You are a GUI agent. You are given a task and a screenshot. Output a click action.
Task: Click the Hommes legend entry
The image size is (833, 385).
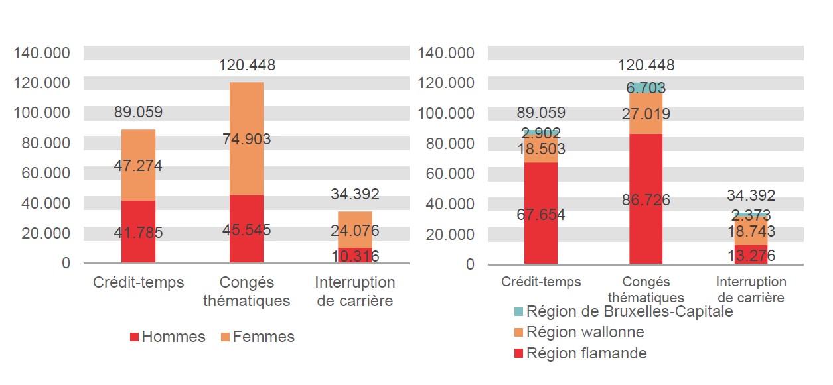pyautogui.click(x=167, y=337)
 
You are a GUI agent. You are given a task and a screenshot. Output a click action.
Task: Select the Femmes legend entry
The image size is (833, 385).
pyautogui.click(x=258, y=337)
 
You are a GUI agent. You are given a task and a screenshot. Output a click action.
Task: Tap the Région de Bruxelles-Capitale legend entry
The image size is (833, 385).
pyautogui.click(x=623, y=311)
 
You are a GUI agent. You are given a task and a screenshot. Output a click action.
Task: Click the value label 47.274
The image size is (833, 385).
pyautogui.click(x=138, y=166)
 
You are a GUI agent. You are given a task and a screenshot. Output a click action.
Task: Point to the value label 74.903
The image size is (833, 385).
pyautogui.click(x=247, y=139)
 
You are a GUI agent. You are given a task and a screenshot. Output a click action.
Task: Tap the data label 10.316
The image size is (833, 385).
pyautogui.click(x=355, y=256)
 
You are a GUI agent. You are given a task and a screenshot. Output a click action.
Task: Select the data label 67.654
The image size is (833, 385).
pyautogui.click(x=541, y=215)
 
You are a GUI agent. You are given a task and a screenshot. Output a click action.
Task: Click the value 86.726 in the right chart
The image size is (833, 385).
pyautogui.click(x=646, y=200)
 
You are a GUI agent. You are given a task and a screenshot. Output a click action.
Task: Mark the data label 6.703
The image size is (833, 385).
pyautogui.click(x=646, y=88)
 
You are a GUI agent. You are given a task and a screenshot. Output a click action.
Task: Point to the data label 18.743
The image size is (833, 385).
pyautogui.click(x=751, y=231)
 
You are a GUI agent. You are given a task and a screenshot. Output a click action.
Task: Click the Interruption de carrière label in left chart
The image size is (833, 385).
pyautogui.click(x=355, y=292)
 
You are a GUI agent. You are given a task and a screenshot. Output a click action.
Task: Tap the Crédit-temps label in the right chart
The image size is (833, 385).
pyautogui.click(x=541, y=282)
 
